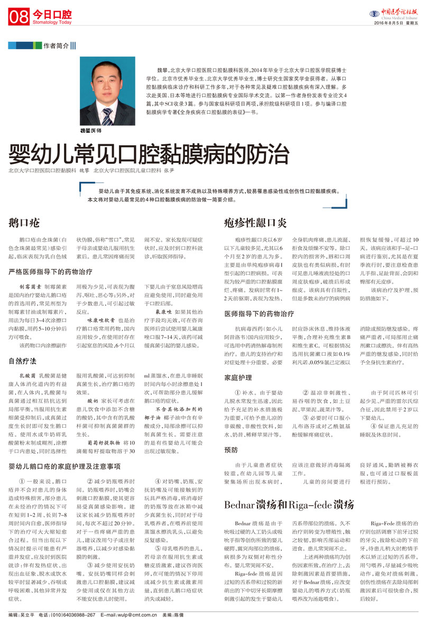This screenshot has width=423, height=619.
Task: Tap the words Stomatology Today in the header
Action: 52,23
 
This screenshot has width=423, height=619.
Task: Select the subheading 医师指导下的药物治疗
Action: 259,313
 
